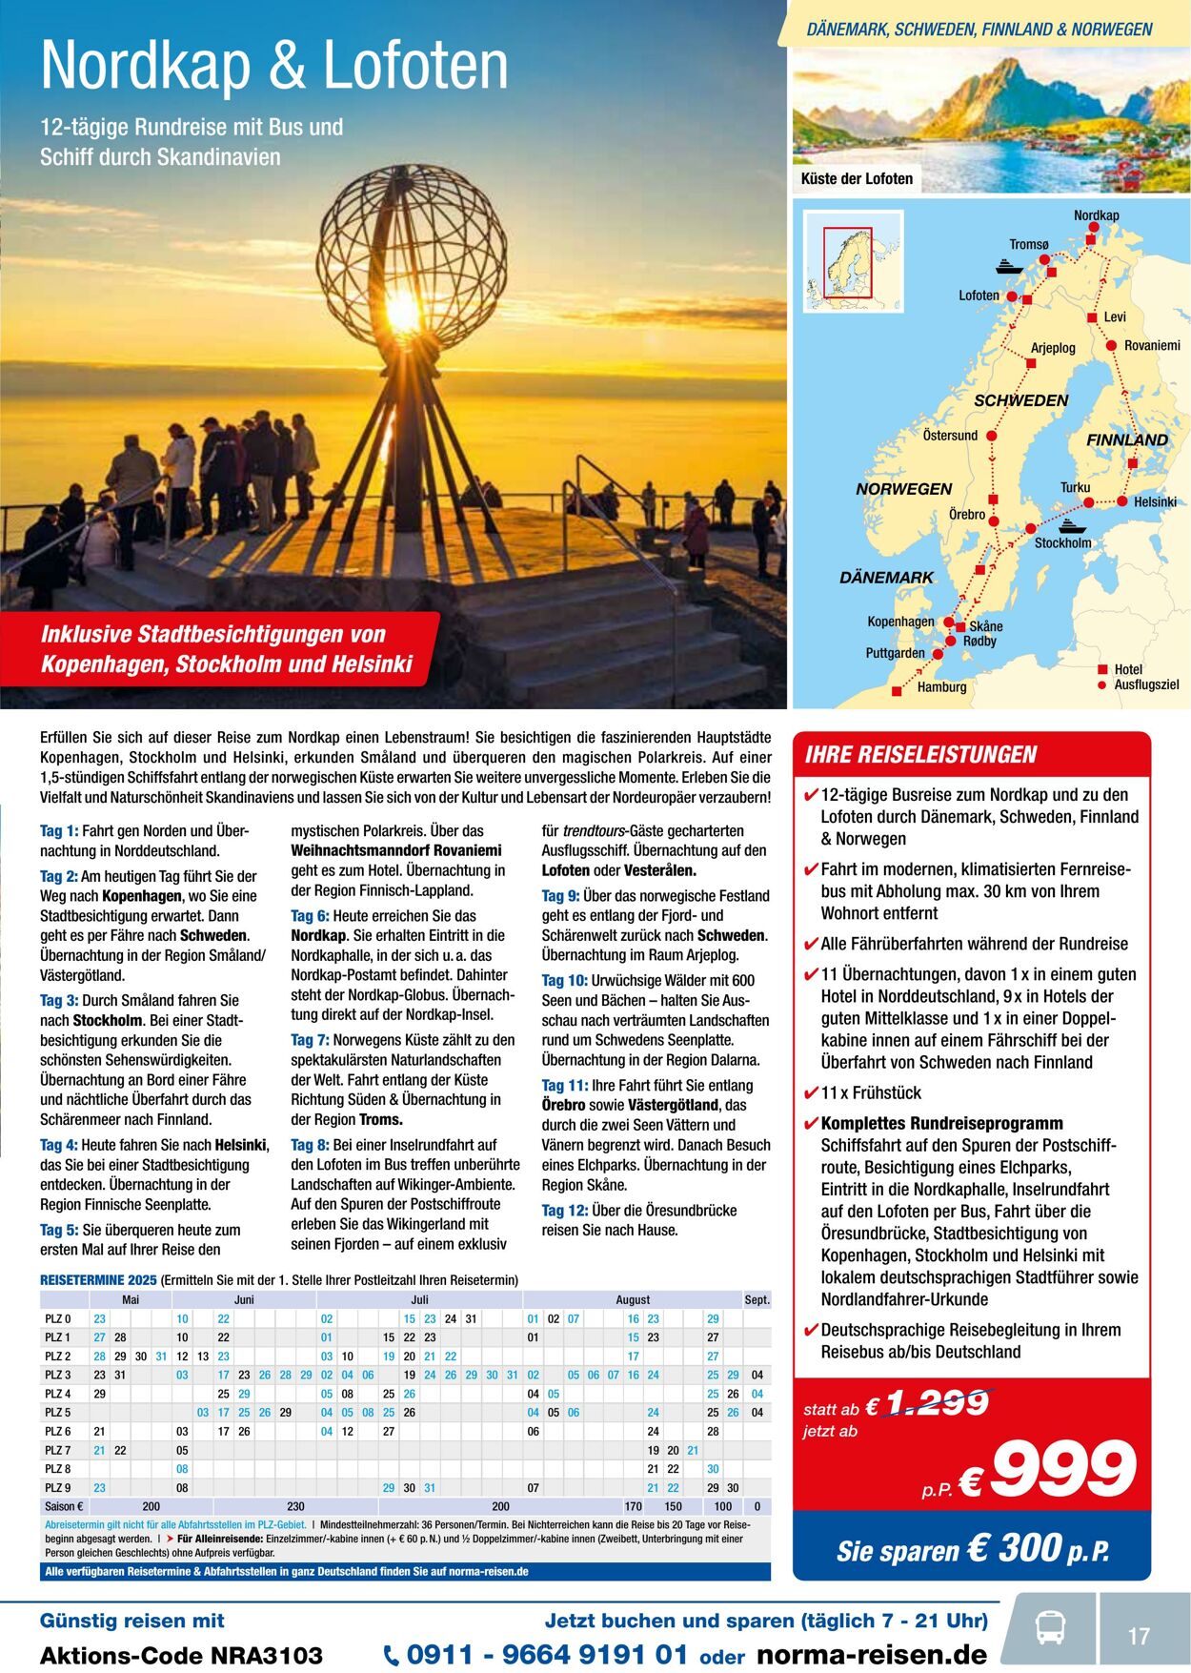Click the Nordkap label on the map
[1096, 215]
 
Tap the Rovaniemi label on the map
[1152, 345]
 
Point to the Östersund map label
[950, 436]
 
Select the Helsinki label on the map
[1155, 501]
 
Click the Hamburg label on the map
[941, 686]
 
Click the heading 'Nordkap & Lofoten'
[274, 66]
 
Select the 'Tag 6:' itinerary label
[310, 915]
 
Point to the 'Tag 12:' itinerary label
[565, 1210]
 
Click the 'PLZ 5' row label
[58, 1412]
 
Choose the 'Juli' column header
[419, 1299]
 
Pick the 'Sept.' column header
[757, 1299]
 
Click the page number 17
[1139, 1636]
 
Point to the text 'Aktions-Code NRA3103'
[181, 1656]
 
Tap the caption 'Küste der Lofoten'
[857, 178]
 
